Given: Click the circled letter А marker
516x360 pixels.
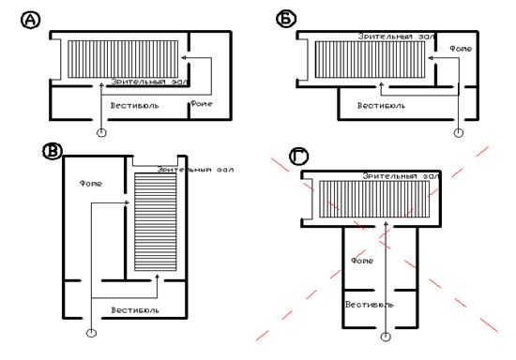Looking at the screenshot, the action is (x=31, y=20).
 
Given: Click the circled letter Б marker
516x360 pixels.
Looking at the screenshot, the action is (x=286, y=19).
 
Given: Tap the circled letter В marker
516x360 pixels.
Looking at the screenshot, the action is (x=53, y=151).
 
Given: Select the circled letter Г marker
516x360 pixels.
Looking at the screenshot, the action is (x=298, y=157).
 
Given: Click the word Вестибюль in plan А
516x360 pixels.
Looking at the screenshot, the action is (x=134, y=106).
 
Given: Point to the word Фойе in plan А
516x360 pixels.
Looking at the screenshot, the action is (x=202, y=104).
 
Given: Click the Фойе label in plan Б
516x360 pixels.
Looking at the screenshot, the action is (x=461, y=49).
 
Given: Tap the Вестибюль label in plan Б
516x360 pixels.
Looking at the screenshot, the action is (x=382, y=106).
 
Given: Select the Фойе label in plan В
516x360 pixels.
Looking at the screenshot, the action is (x=91, y=184).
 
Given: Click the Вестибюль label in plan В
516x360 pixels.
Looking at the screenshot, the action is (x=135, y=310).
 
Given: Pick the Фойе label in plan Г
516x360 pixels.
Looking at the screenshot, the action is (x=362, y=261).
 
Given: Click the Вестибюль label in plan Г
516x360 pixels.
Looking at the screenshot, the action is (x=370, y=305).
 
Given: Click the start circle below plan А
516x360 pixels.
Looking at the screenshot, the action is (x=101, y=133).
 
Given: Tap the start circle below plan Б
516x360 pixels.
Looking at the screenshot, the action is (x=459, y=133).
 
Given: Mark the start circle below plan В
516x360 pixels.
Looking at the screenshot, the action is (x=91, y=333).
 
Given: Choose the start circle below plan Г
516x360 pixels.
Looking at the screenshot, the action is (x=386, y=337).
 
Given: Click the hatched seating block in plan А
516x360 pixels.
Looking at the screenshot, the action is (x=123, y=59).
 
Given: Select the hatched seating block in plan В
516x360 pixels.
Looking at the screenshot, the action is (x=156, y=222).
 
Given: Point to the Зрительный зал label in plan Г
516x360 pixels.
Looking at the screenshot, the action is (x=402, y=176).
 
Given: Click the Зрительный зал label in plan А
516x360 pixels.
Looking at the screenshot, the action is (x=149, y=82).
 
